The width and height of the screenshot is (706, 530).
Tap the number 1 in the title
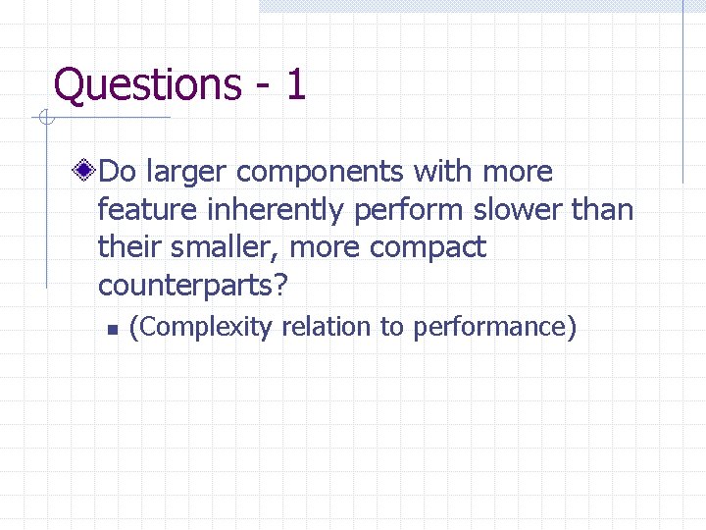pos(295,84)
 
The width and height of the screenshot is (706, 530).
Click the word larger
pos(186,173)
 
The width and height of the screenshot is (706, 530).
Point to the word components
pos(321,173)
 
